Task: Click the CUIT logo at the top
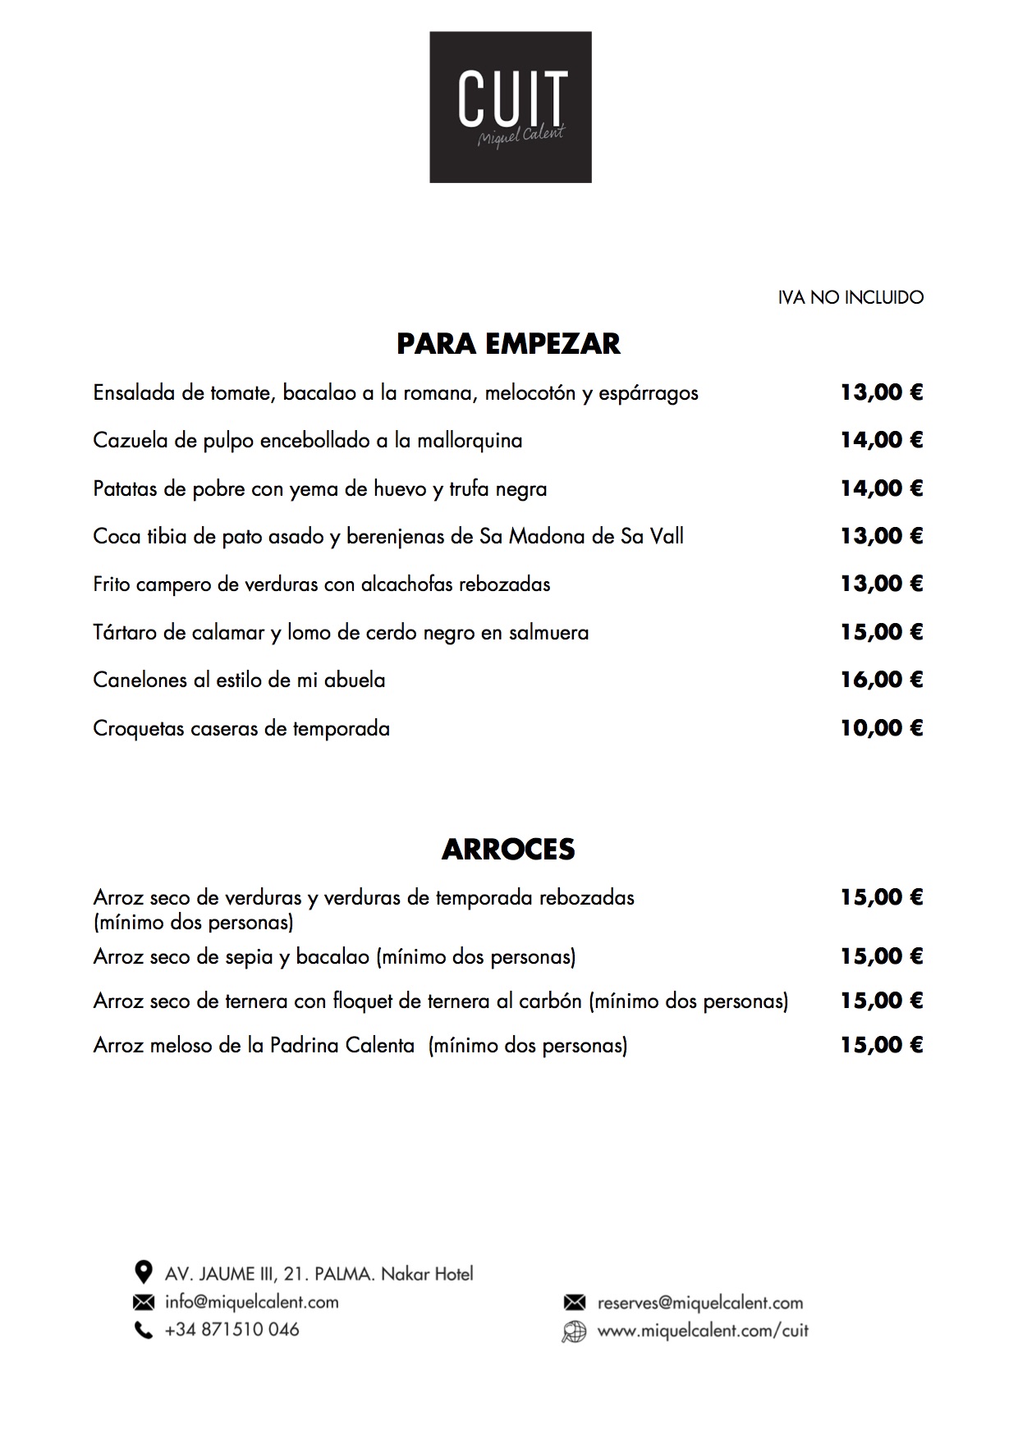[510, 107]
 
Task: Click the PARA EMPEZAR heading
[508, 343]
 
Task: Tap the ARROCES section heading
[508, 849]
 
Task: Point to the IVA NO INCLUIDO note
[851, 297]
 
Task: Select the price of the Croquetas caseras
[881, 728]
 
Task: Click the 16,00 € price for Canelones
[881, 680]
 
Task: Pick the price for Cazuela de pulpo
[881, 440]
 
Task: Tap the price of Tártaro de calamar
[881, 632]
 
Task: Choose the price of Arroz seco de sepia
[881, 956]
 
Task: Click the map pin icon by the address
[144, 1272]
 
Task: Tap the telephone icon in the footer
[144, 1330]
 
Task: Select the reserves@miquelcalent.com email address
[699, 1303]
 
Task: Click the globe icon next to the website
[574, 1331]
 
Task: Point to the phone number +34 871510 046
[232, 1330]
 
